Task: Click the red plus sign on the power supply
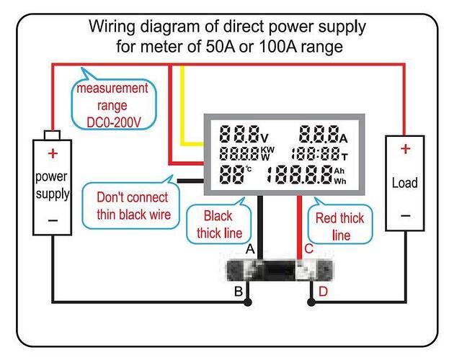pyautogui.click(x=53, y=153)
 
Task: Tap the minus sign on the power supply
pyautogui.click(x=53, y=220)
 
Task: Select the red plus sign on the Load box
pyautogui.click(x=405, y=149)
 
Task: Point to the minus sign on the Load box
pyautogui.click(x=405, y=215)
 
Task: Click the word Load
pyautogui.click(x=404, y=183)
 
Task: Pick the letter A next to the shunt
pyautogui.click(x=250, y=249)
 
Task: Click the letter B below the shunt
pyautogui.click(x=239, y=292)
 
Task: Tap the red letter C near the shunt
pyautogui.click(x=309, y=249)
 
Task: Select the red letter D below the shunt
pyautogui.click(x=323, y=292)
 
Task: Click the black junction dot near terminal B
pyautogui.click(x=248, y=302)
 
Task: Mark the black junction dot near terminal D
pyautogui.click(x=311, y=302)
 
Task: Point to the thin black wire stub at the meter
pyautogui.click(x=190, y=181)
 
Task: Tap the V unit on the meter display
pyautogui.click(x=264, y=138)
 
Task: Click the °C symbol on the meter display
pyautogui.click(x=249, y=168)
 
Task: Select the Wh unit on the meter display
pyautogui.click(x=340, y=181)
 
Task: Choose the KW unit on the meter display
pyautogui.click(x=267, y=150)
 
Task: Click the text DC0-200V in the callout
pyautogui.click(x=114, y=122)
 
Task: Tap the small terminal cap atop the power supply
pyautogui.click(x=52, y=135)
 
